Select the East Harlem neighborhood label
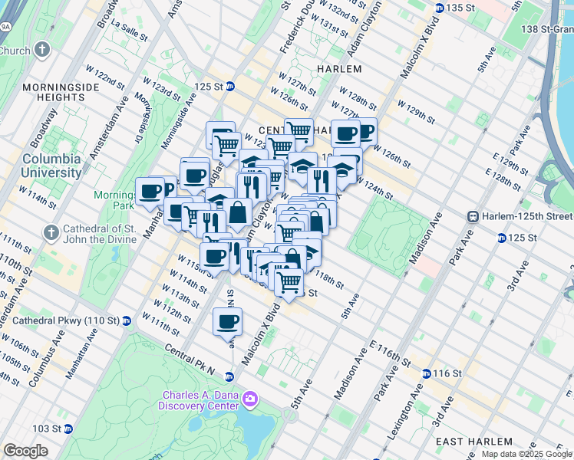click(x=474, y=442)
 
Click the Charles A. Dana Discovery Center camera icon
click(x=249, y=399)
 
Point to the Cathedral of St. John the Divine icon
click(x=51, y=232)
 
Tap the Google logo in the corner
click(x=25, y=451)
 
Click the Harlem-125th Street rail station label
click(x=522, y=218)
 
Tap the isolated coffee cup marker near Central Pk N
click(x=227, y=322)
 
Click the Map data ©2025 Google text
click(x=526, y=454)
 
